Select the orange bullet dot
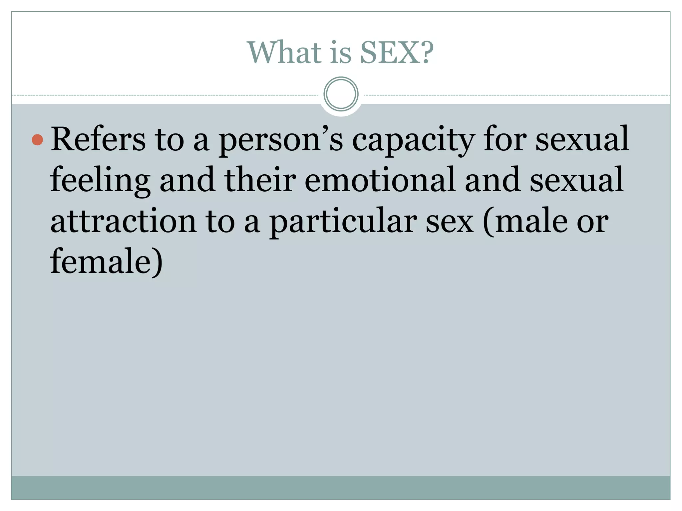coord(38,140)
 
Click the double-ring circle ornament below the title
coord(341,94)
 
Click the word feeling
coord(100,180)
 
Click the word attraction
coord(124,221)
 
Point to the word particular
coord(343,222)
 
